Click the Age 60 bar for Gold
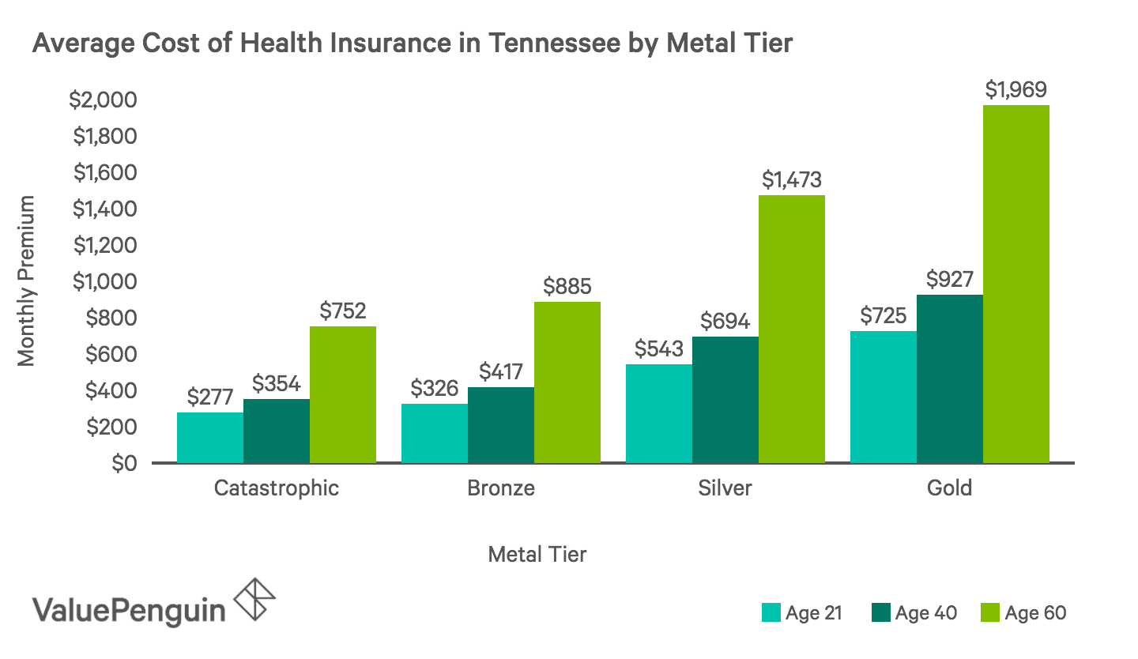pos(1016,284)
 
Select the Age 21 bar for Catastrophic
pos(209,437)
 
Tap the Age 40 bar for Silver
pos(725,399)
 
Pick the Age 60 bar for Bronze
pos(567,382)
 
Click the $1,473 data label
pos(791,179)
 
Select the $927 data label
pos(949,279)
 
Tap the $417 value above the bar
pos(500,371)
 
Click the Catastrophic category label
pos(276,488)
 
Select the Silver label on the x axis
pos(725,488)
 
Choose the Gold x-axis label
pos(949,488)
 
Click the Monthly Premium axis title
pos(27,281)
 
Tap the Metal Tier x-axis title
pos(537,554)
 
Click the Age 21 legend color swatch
pos(771,613)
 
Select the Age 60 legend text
pos(1035,613)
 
